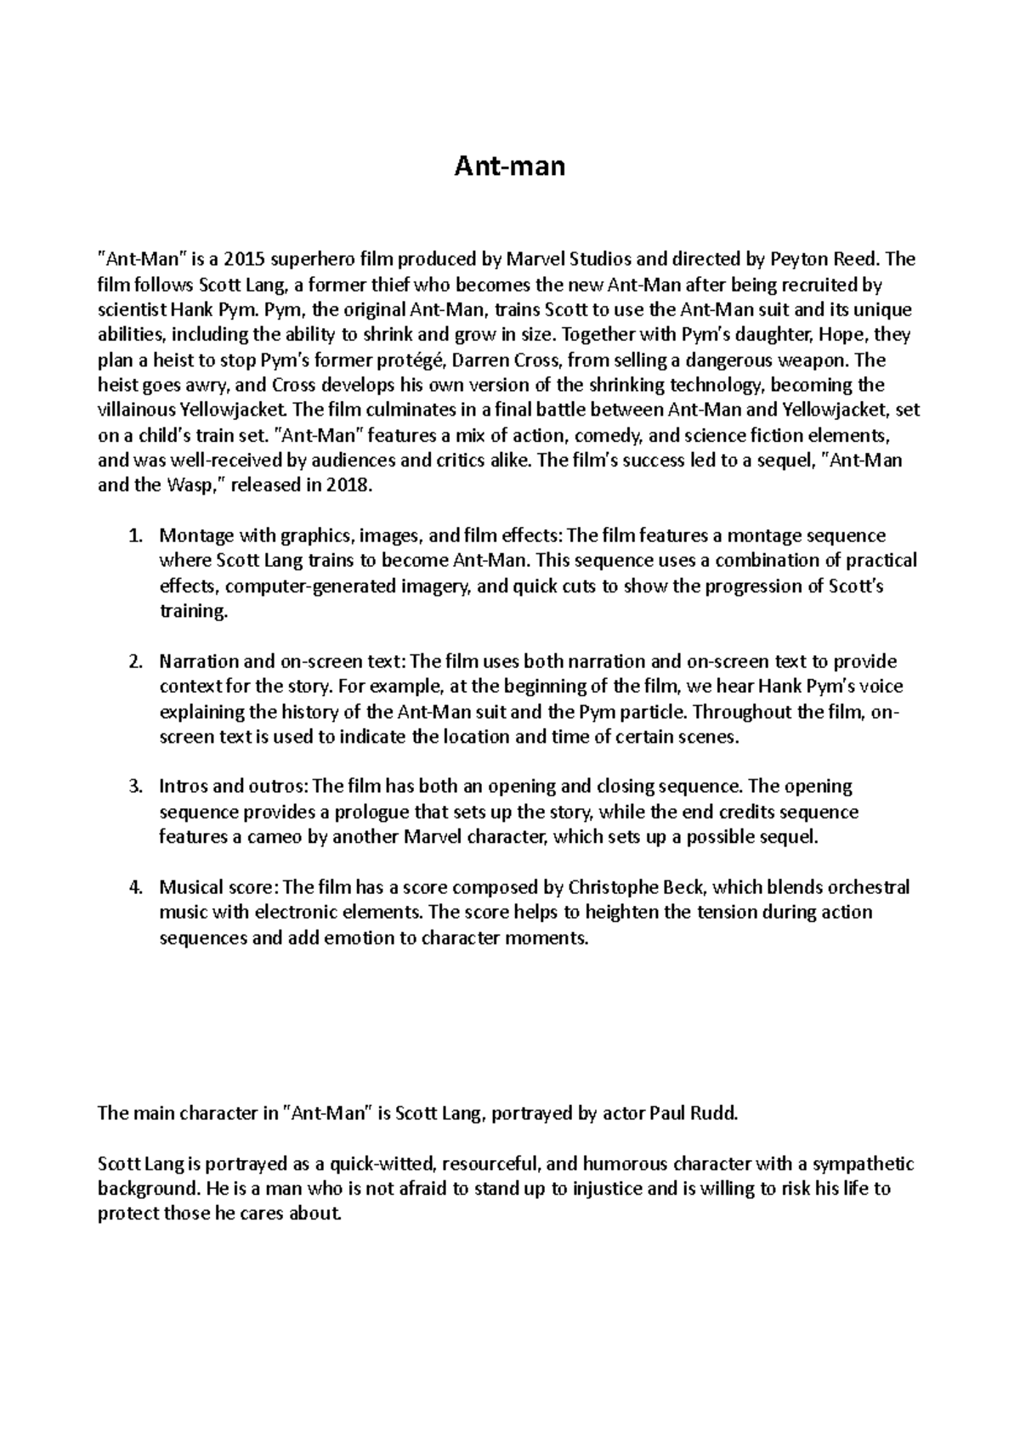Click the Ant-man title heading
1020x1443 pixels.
click(x=510, y=166)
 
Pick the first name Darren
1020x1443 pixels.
click(x=470, y=360)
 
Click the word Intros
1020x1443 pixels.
click(x=184, y=786)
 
